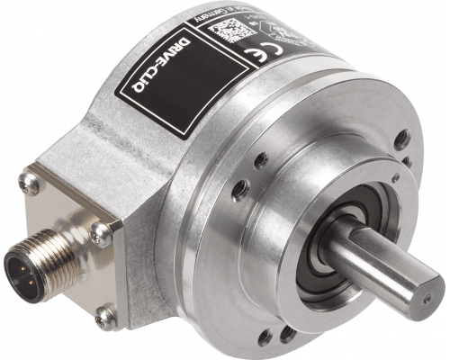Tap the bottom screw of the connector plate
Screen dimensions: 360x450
point(106,315)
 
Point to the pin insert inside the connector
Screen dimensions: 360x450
point(20,269)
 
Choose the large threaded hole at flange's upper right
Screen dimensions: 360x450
point(403,139)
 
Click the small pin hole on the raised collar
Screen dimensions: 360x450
point(260,161)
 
